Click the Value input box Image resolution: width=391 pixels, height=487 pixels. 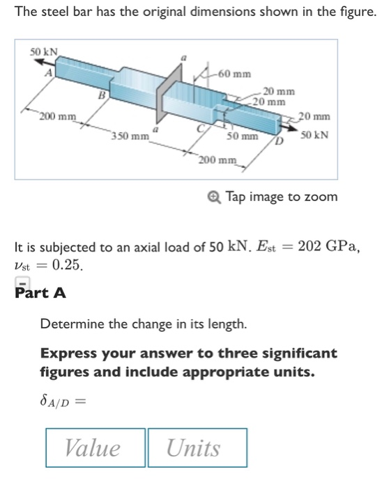[x=95, y=447]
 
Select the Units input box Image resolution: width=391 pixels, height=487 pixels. [x=197, y=447]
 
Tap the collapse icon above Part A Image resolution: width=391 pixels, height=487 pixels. [x=22, y=281]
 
